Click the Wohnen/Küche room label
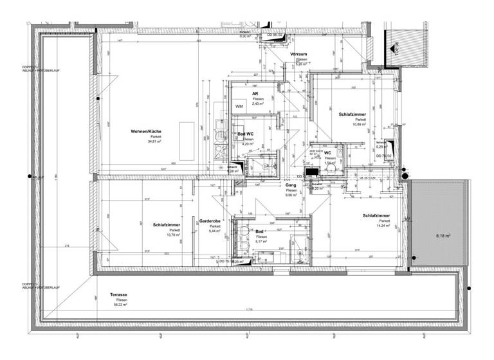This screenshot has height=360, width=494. point(145,131)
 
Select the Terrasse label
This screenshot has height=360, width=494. point(118,294)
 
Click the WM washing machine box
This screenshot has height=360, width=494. point(238,106)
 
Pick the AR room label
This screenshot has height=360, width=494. point(255,93)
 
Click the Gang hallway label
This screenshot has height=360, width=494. point(291,184)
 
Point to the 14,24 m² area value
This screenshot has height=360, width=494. point(375,226)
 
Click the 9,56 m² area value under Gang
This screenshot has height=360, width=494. point(291,195)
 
